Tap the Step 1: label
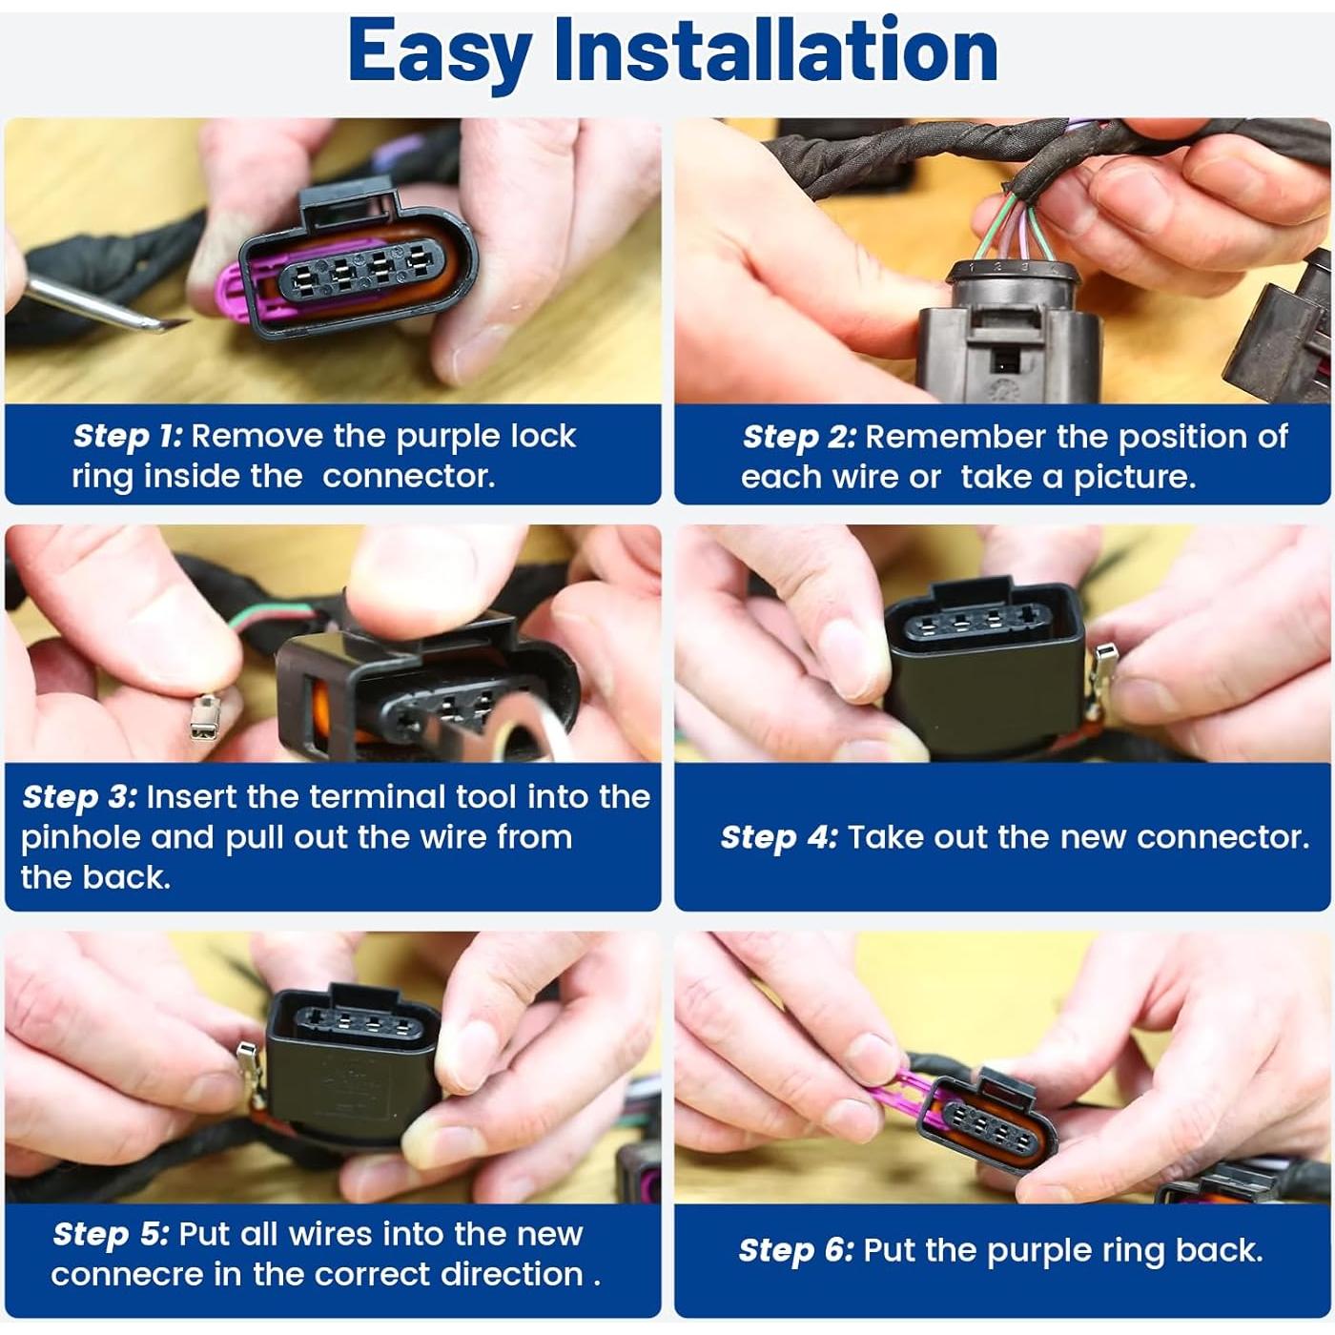(x=128, y=437)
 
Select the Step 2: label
(x=799, y=437)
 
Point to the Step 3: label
(x=79, y=797)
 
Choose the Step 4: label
(x=779, y=837)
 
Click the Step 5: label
(x=111, y=1234)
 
